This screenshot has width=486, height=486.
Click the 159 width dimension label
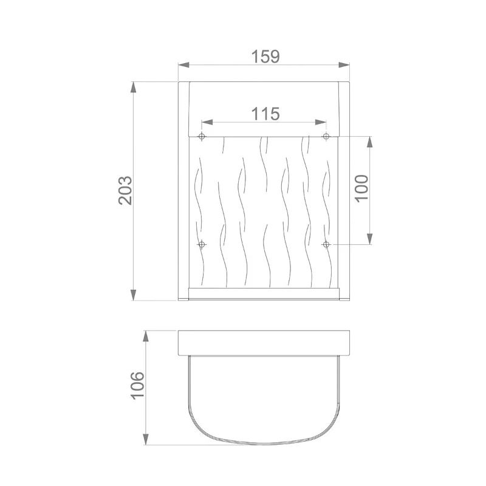(265, 56)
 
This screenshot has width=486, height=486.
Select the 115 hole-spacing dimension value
(265, 114)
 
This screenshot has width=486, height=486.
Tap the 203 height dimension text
(125, 191)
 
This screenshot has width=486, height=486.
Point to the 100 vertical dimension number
(361, 189)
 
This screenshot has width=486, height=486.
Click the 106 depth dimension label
(137, 385)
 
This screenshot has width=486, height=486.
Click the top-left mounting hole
(202, 136)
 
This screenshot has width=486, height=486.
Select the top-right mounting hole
(326, 136)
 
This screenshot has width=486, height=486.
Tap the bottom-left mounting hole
(202, 245)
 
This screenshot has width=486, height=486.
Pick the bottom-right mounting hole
(326, 245)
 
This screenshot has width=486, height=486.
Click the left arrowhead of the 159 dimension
(183, 65)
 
